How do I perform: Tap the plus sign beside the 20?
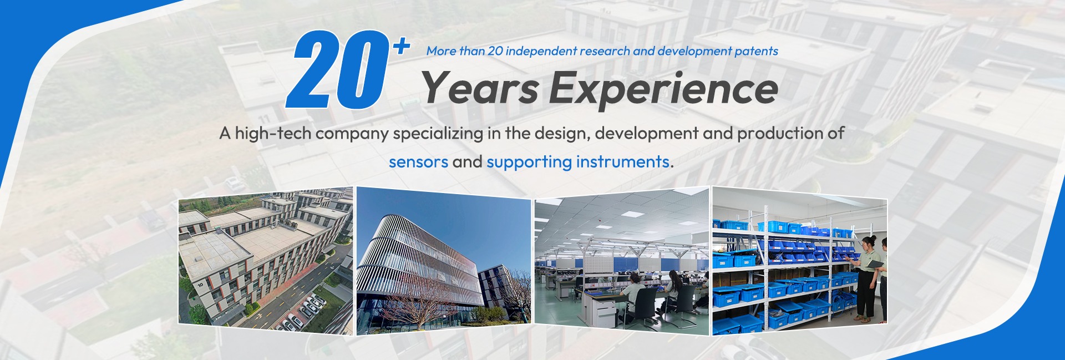(401, 47)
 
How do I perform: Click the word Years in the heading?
(479, 88)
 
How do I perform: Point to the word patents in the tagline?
(756, 51)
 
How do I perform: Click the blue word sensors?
(418, 162)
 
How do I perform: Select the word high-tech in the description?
(272, 133)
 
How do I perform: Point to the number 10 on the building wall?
(200, 285)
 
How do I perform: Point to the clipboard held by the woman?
(872, 264)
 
